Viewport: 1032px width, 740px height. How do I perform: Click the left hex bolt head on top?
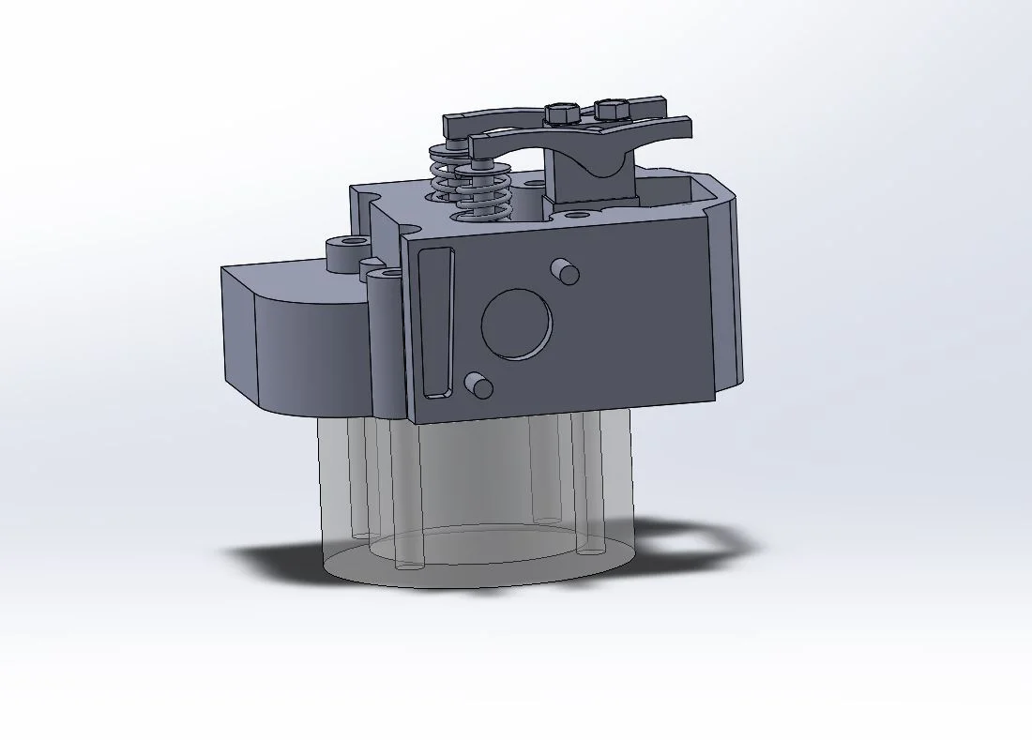(x=559, y=114)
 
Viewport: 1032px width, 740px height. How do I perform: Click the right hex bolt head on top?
(x=612, y=110)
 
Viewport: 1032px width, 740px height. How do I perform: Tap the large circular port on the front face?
(x=517, y=325)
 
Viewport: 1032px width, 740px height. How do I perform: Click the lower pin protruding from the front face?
(x=479, y=384)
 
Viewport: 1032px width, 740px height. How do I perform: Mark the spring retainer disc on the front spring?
(x=478, y=172)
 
